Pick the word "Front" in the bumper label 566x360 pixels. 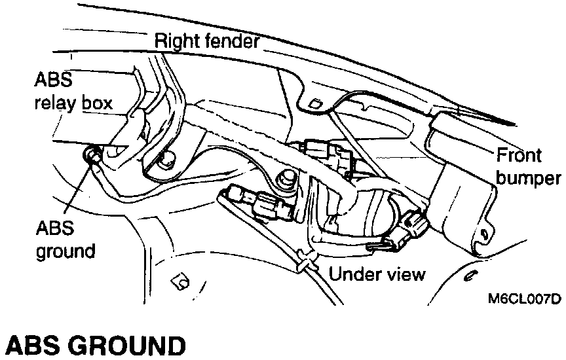[519, 156]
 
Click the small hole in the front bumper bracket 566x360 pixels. [484, 232]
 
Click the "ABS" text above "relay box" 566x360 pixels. [50, 80]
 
